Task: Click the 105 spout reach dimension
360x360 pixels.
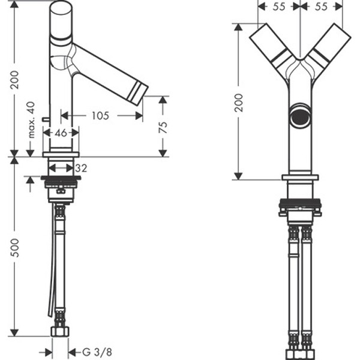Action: pos(100,115)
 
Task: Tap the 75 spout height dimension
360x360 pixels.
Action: pos(163,127)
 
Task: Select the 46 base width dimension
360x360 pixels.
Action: pos(61,133)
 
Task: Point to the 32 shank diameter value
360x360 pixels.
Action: pos(81,168)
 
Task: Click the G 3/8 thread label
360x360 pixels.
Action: pos(97,352)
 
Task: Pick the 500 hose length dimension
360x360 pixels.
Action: pos(15,247)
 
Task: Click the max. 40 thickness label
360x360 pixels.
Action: pos(31,119)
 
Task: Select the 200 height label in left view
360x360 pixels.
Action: pos(15,80)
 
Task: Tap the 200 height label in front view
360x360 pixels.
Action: pos(239,103)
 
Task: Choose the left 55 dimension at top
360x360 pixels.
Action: pos(279,7)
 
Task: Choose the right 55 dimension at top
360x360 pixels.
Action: pos(321,7)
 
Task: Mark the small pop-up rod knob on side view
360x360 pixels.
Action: pos(45,119)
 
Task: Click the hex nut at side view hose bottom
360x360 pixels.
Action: pos(60,331)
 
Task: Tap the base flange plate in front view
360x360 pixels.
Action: pos(300,178)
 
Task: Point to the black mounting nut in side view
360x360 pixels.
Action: pos(61,178)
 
